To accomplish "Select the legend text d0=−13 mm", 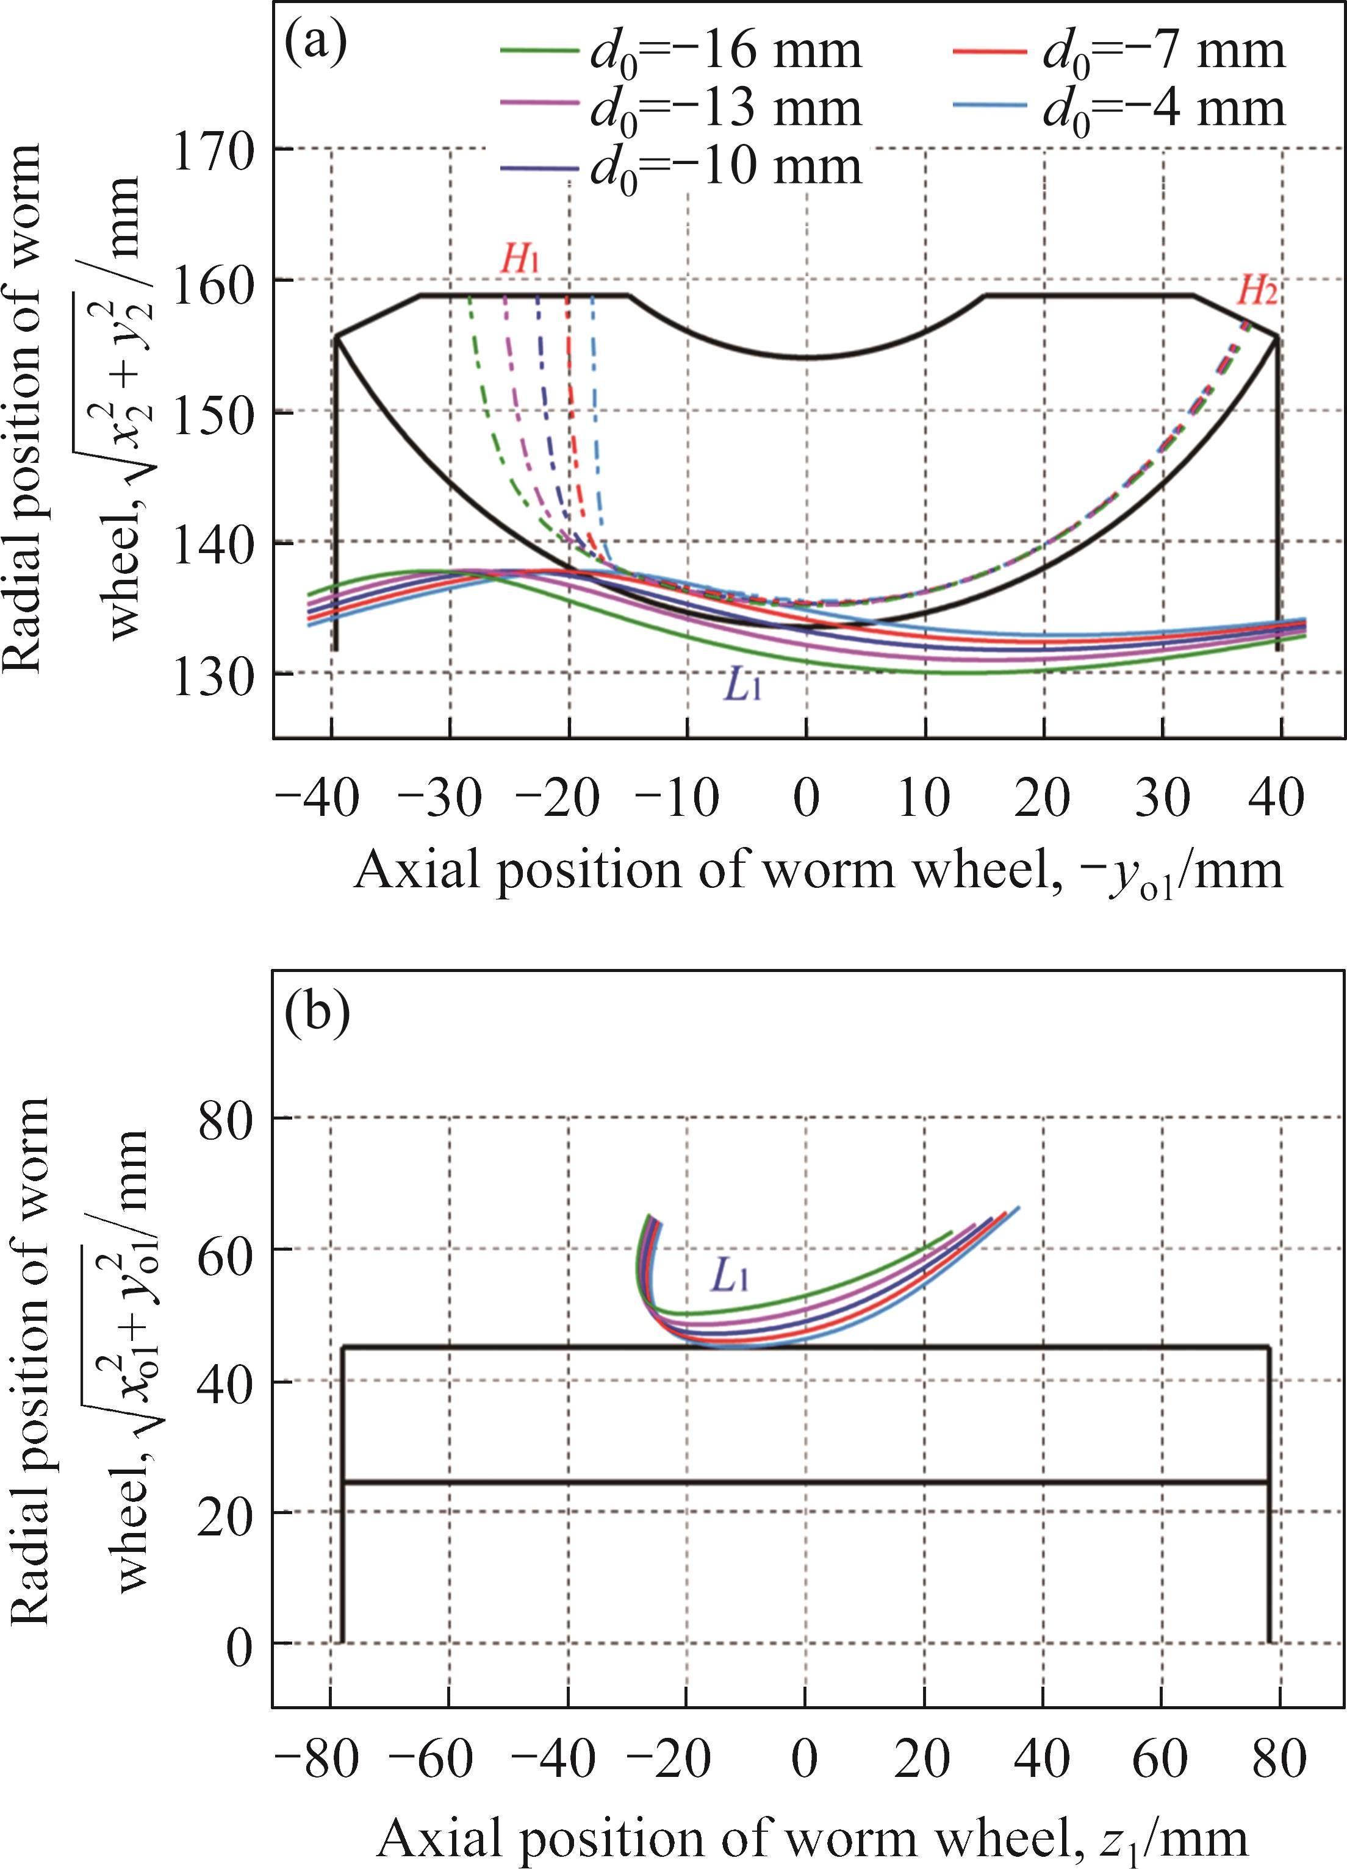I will click(x=725, y=109).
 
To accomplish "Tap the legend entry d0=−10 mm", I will click(x=725, y=166).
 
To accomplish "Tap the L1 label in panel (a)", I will click(x=741, y=685).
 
